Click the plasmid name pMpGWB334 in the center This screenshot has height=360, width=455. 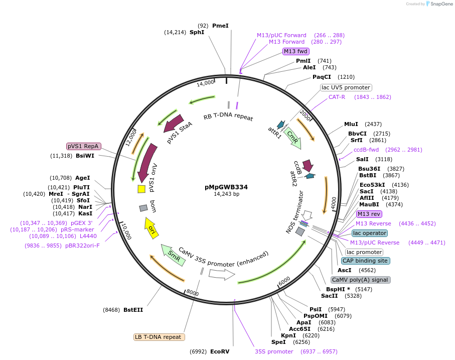coord(226,187)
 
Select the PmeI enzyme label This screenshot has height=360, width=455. coord(220,26)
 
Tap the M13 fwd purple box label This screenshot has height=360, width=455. coord(295,51)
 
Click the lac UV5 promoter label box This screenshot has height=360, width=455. coord(346,87)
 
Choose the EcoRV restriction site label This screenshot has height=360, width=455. coord(220,351)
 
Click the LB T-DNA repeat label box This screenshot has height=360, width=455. coord(159,337)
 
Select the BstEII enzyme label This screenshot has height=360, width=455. coord(133,310)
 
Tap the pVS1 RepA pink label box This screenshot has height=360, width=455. coord(84,146)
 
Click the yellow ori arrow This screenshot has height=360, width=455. coord(151,228)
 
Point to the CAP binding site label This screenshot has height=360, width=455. coord(366,261)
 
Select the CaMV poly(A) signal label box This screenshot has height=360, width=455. coord(360,280)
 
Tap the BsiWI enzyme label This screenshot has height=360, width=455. coord(85,156)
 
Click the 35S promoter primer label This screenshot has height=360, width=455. coord(273,351)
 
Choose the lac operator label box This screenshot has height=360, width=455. coord(370,233)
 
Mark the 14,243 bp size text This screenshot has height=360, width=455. coord(226,194)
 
